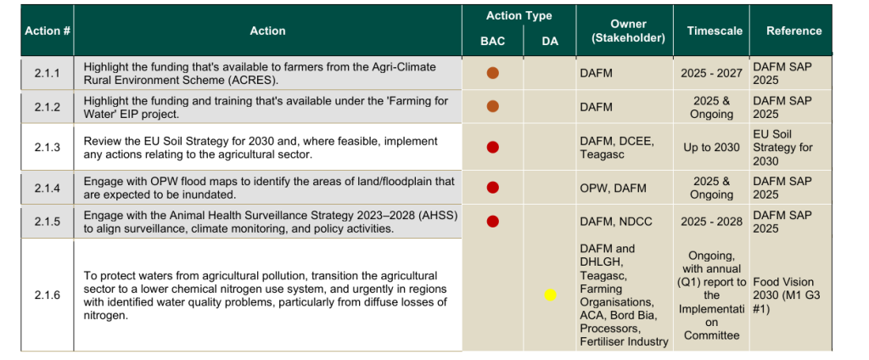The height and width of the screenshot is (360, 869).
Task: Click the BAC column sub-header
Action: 492,42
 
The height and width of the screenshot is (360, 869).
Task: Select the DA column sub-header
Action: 550,42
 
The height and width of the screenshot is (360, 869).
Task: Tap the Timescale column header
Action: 714,31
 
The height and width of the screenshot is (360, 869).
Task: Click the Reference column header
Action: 793,31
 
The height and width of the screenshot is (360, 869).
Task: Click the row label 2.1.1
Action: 48,74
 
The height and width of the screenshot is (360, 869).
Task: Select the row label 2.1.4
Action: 48,188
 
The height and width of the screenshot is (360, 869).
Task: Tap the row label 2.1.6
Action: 48,295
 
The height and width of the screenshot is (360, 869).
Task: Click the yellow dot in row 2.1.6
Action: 550,295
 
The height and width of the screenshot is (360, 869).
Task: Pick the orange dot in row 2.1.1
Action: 492,73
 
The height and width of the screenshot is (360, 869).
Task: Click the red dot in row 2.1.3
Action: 492,147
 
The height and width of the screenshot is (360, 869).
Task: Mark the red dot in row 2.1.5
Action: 492,222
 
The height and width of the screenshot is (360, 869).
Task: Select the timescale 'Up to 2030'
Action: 711,147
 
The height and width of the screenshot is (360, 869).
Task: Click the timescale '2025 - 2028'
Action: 711,222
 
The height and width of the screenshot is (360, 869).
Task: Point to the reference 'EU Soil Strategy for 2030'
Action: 782,147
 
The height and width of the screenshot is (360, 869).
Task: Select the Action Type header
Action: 519,16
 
